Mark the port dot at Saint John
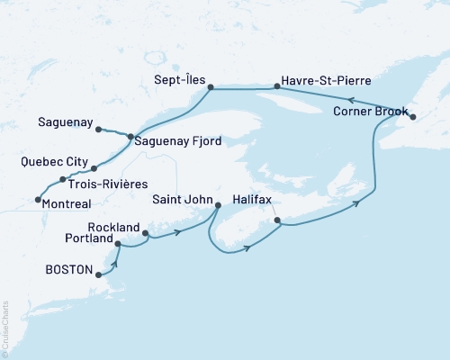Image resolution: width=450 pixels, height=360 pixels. pyautogui.click(x=218, y=207)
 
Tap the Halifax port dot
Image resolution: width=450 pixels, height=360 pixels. pyautogui.click(x=277, y=220)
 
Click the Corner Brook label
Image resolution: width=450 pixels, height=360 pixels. pyautogui.click(x=369, y=113)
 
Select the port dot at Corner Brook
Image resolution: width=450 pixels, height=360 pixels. pyautogui.click(x=413, y=116)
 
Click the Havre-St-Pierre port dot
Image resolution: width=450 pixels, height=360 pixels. pyautogui.click(x=277, y=87)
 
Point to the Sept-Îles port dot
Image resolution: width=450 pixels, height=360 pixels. pyautogui.click(x=210, y=87)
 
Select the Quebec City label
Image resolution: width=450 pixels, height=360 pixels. pyautogui.click(x=53, y=163)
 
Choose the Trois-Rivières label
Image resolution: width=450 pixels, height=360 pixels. pyautogui.click(x=105, y=184)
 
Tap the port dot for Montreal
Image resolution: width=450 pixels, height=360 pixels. pyautogui.click(x=37, y=200)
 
